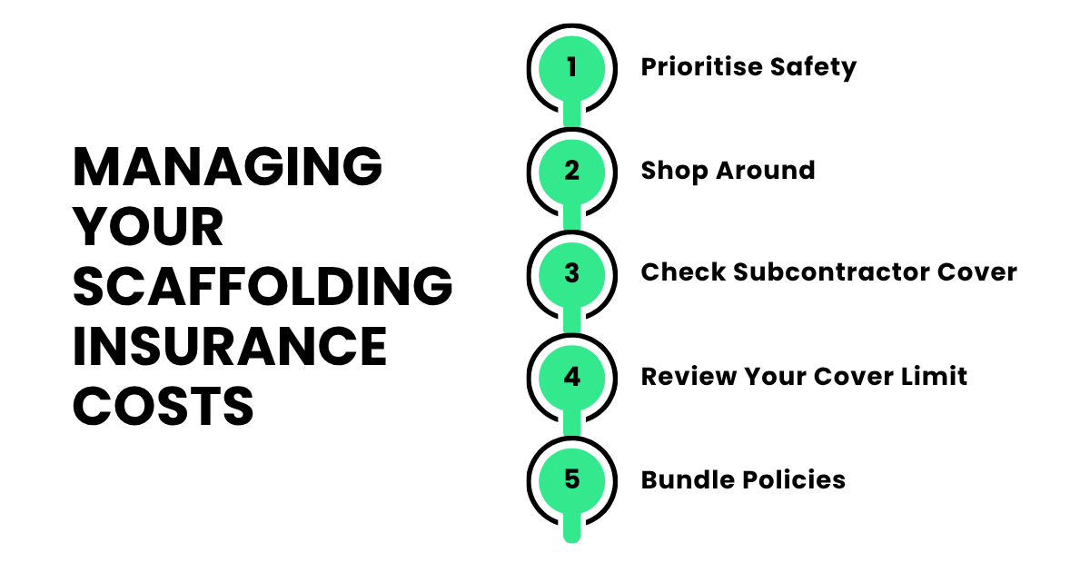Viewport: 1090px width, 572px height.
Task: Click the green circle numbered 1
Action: point(571,67)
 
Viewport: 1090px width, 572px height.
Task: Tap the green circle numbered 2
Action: point(571,170)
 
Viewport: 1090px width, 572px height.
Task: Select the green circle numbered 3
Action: point(571,272)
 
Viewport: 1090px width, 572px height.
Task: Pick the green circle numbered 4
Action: point(571,375)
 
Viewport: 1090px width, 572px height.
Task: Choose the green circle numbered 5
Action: point(571,478)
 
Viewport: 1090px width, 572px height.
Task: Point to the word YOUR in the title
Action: point(148,228)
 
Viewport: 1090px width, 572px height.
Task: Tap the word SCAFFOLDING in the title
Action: point(263,288)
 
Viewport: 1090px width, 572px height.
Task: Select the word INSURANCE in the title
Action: point(230,347)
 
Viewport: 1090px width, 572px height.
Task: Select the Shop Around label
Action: point(728,170)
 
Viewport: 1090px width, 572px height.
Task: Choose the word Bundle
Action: point(686,478)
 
